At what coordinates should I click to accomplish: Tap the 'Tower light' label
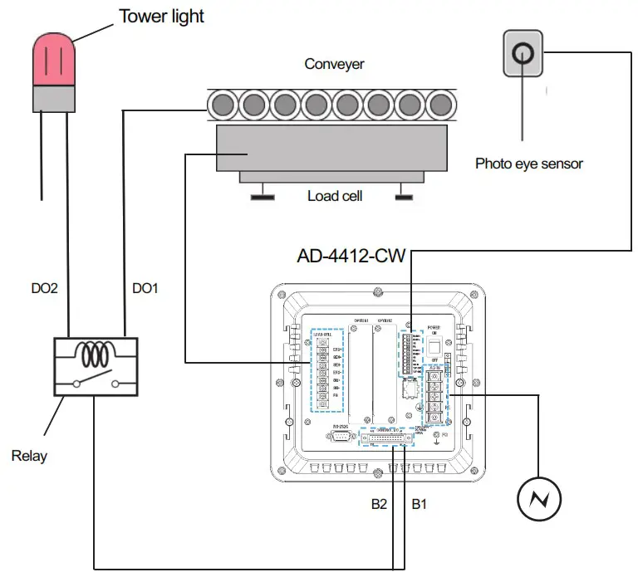pyautogui.click(x=161, y=16)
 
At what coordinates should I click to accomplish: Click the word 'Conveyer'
pyautogui.click(x=334, y=64)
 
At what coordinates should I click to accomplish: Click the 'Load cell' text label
pyautogui.click(x=334, y=196)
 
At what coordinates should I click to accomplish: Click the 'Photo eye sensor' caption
pyautogui.click(x=529, y=164)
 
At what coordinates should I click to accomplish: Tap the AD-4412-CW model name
pyautogui.click(x=351, y=256)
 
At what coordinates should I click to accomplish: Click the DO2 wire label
pyautogui.click(x=44, y=288)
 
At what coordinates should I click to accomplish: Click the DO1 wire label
pyautogui.click(x=145, y=288)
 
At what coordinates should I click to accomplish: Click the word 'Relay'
pyautogui.click(x=30, y=455)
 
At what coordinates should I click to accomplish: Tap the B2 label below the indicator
pyautogui.click(x=379, y=503)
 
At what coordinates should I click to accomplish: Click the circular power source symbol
pyautogui.click(x=539, y=499)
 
